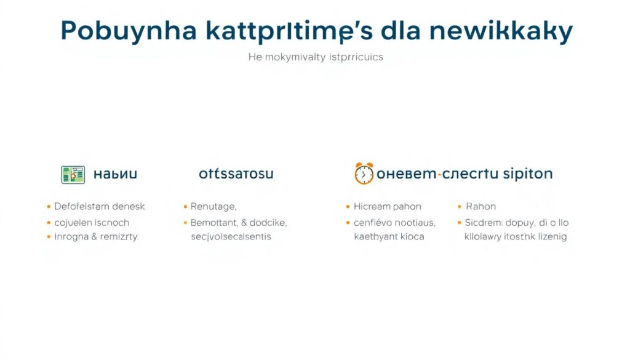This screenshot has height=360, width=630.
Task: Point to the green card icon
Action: (x=73, y=174)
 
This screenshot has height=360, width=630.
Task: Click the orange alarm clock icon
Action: (x=364, y=174)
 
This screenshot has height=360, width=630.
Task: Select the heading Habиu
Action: (x=115, y=174)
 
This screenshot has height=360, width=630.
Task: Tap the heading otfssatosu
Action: (x=236, y=174)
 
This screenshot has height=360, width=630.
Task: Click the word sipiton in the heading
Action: (x=527, y=174)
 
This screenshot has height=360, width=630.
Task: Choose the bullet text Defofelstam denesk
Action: (x=100, y=207)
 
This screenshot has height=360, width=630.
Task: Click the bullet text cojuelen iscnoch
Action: (x=92, y=222)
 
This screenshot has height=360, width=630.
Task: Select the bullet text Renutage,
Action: (x=213, y=207)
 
